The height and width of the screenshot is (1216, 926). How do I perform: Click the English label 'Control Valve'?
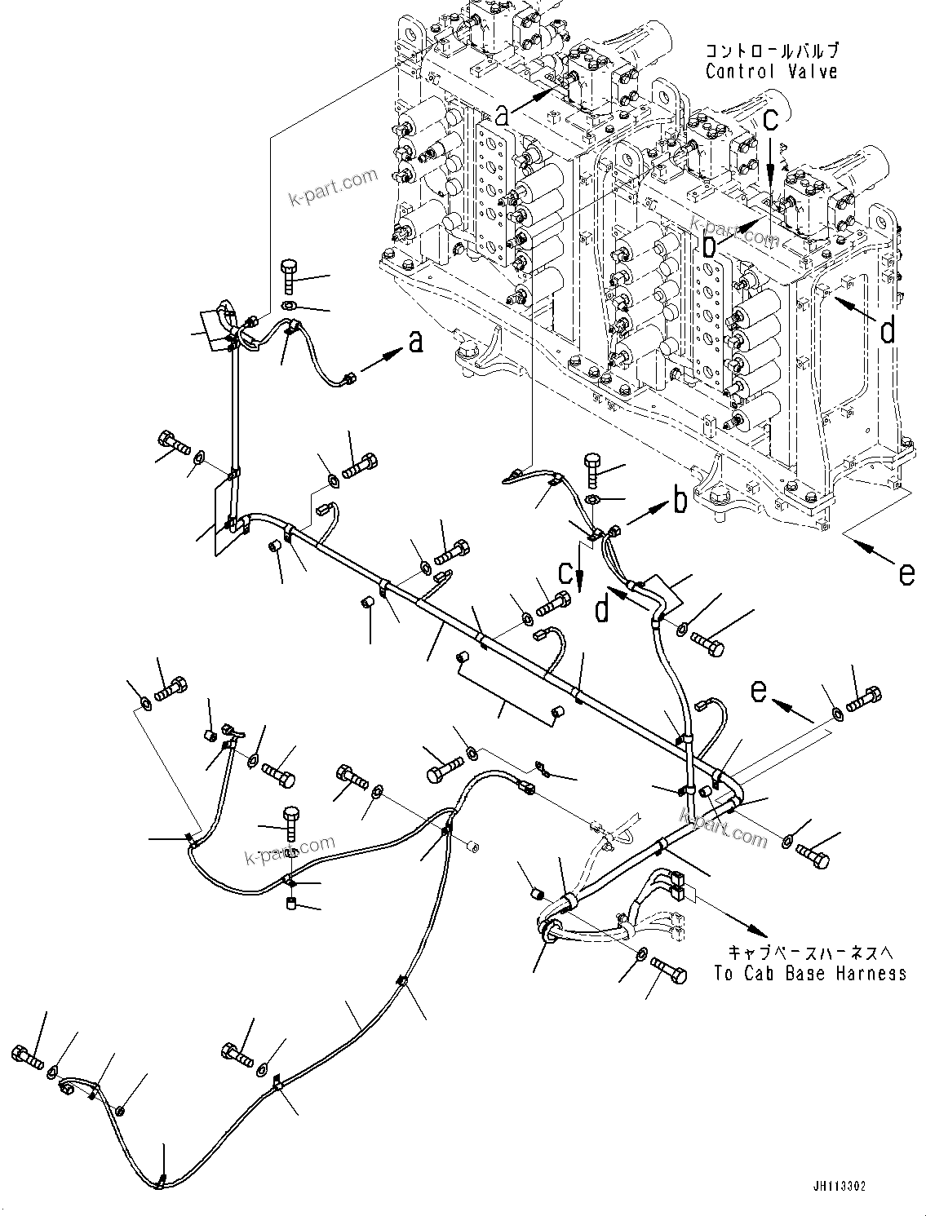(771, 72)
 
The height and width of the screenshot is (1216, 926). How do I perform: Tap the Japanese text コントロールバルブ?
(771, 51)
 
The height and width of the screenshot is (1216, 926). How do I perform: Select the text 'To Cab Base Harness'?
(809, 973)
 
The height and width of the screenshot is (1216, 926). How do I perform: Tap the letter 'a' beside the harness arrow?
(416, 343)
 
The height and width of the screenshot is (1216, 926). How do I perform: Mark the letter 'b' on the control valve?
(711, 242)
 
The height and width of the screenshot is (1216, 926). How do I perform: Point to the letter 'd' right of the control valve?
(887, 329)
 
